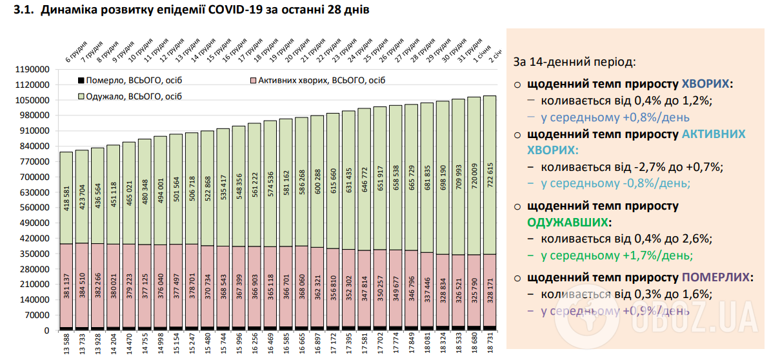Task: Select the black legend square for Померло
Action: (81, 81)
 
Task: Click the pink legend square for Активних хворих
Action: (252, 81)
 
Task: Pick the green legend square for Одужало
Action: (81, 96)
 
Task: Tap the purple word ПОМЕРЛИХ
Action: (716, 277)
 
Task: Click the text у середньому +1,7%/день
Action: (617, 255)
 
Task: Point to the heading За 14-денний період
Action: (575, 63)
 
